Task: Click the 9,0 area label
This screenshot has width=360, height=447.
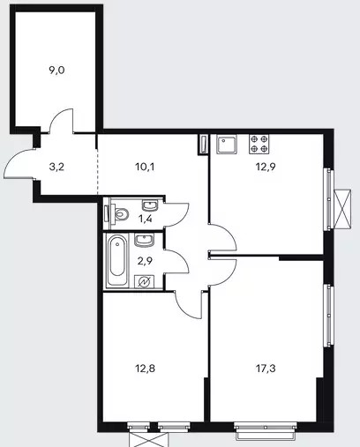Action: coord(56,71)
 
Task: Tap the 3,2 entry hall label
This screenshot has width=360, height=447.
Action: coord(56,168)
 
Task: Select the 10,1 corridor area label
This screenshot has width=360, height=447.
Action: coord(145,168)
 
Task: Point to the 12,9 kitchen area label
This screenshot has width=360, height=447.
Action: coord(266,168)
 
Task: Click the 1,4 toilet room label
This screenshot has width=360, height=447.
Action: coord(145,219)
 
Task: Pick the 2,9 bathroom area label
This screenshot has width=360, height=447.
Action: coord(145,261)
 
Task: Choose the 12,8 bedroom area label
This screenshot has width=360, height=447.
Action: coord(145,368)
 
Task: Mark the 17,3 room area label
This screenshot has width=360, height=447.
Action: coord(266,368)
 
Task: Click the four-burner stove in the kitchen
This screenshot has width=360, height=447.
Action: coord(259,144)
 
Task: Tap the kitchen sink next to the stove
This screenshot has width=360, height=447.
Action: coord(227,144)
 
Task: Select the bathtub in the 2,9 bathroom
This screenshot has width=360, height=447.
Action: coord(117,260)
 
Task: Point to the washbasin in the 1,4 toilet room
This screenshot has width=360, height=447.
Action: coord(150,205)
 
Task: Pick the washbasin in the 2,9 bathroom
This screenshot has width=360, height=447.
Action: coord(144,240)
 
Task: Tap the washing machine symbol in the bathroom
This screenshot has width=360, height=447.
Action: coord(145,282)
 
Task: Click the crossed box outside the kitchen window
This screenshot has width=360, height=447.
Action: coord(343,209)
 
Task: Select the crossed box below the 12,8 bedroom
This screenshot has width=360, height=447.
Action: coord(149,440)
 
